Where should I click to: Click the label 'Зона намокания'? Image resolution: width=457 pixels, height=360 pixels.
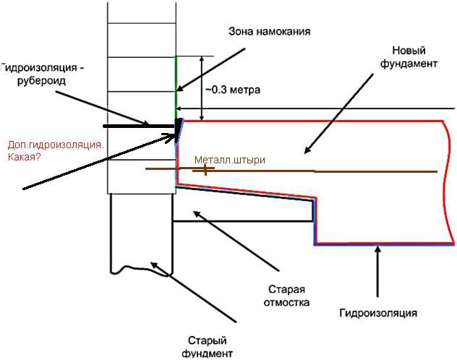[x=269, y=31]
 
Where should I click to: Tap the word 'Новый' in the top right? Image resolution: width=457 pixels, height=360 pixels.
[x=409, y=51]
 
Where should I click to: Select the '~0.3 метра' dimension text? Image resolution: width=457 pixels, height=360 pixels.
[x=233, y=90]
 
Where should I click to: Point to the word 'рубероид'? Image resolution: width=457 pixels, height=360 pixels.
[x=41, y=81]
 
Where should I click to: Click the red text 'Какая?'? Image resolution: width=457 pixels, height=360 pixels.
[x=24, y=158]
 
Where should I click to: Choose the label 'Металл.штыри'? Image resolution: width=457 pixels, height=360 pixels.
[x=230, y=160]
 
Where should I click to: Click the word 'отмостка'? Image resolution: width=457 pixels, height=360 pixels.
[x=286, y=302]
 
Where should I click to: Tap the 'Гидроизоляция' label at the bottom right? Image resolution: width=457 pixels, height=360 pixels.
[x=378, y=313]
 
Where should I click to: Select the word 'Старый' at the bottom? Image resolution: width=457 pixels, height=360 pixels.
[x=208, y=340]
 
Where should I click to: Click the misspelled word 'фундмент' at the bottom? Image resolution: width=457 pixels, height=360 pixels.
[x=208, y=353]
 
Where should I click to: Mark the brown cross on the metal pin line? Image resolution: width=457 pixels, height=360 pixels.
[x=205, y=169]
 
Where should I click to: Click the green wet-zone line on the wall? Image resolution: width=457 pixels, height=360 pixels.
[x=176, y=87]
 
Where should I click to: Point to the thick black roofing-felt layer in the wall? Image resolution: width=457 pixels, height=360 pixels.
[x=140, y=126]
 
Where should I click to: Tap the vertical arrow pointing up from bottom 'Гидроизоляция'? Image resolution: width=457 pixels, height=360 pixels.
[x=378, y=272]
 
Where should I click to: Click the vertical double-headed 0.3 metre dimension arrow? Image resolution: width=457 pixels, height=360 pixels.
[x=202, y=88]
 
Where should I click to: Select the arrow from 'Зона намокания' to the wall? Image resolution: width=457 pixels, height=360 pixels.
[x=211, y=70]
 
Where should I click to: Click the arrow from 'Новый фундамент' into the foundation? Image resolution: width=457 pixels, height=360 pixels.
[x=338, y=114]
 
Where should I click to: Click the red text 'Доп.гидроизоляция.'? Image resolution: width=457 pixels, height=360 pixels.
[x=56, y=145]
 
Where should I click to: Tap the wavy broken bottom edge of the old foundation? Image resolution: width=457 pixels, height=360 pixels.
[x=140, y=270]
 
